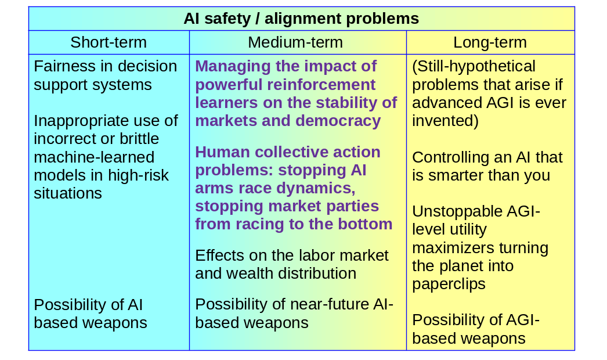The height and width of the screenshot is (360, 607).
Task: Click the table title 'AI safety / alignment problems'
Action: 301,19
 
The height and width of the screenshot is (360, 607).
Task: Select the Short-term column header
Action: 109,42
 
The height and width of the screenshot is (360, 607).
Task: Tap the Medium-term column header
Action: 295,42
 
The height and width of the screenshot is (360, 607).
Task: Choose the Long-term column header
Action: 490,42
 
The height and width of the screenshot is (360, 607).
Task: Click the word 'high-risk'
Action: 138,175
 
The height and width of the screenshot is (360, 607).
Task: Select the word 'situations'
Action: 68,193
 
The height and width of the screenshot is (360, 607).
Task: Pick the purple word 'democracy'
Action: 338,121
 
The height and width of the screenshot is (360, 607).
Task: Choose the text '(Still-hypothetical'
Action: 474,67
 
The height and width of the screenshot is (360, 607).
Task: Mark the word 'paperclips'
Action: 449,285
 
